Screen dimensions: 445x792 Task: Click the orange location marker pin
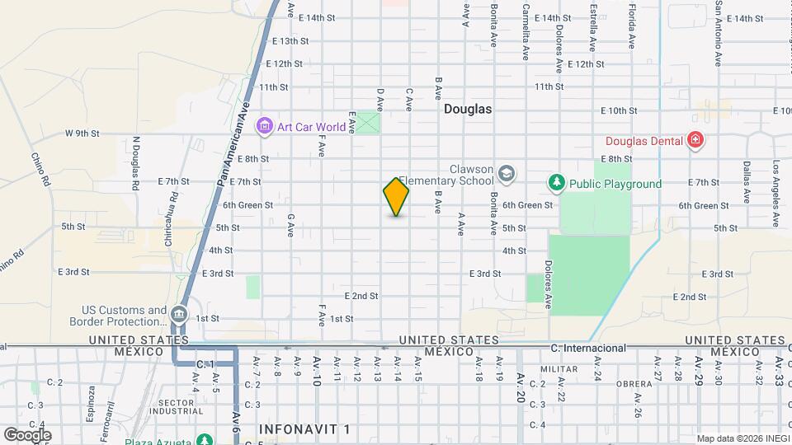tap(396, 197)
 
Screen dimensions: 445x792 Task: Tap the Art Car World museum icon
tap(265, 127)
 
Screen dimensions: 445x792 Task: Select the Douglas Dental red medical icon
tap(695, 140)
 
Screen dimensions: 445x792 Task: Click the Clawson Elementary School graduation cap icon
tap(506, 173)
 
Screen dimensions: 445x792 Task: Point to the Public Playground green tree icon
tap(557, 183)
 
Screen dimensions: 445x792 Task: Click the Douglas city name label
tap(467, 109)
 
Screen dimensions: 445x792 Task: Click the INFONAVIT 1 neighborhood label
tap(304, 429)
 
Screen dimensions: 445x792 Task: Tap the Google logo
tap(27, 434)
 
